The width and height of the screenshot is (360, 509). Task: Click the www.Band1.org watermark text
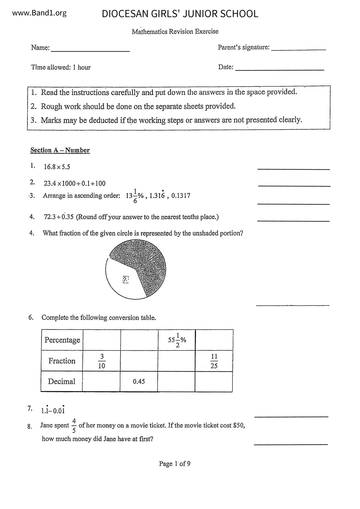(x=39, y=13)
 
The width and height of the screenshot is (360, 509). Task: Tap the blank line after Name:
(x=90, y=51)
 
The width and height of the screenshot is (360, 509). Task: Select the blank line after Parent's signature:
(x=298, y=50)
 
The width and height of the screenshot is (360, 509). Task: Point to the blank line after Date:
(x=279, y=70)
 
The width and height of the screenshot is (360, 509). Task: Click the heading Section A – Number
(x=60, y=150)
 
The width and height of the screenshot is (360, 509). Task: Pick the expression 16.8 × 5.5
(x=57, y=167)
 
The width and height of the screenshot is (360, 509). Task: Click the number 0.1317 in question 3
(x=181, y=196)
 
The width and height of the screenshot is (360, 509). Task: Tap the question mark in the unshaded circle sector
(x=125, y=279)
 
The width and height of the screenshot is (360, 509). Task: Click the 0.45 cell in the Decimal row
(x=139, y=382)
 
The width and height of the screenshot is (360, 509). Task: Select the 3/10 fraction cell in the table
(x=102, y=361)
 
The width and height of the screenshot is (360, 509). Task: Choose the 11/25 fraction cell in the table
(x=214, y=361)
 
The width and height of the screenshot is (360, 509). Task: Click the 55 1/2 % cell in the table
(x=177, y=340)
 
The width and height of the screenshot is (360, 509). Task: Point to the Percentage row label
(x=62, y=340)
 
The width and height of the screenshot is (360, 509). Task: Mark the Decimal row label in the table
(x=62, y=382)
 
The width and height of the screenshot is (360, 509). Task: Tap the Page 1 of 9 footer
(x=174, y=464)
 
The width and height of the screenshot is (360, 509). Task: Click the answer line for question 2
(x=294, y=186)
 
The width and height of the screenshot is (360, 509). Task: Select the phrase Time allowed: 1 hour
(x=61, y=67)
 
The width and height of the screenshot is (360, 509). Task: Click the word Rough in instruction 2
(x=51, y=107)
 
